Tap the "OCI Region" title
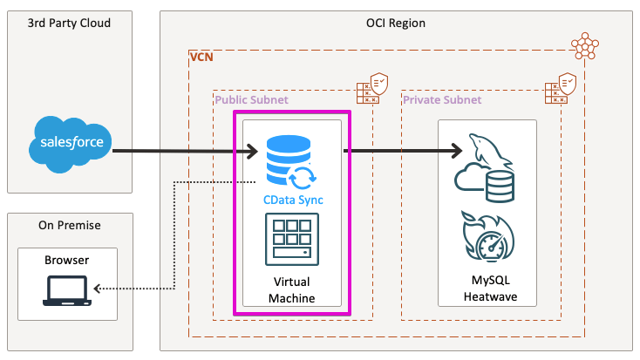[396, 23]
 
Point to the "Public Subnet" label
[251, 100]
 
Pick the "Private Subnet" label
[441, 100]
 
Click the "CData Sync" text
[294, 200]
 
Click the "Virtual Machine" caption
[293, 290]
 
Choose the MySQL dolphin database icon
[485, 167]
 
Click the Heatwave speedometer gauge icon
[487, 236]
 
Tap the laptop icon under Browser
[67, 289]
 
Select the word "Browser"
[67, 260]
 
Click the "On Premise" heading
[70, 225]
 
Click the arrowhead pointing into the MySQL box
[455, 151]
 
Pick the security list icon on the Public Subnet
[373, 89]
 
